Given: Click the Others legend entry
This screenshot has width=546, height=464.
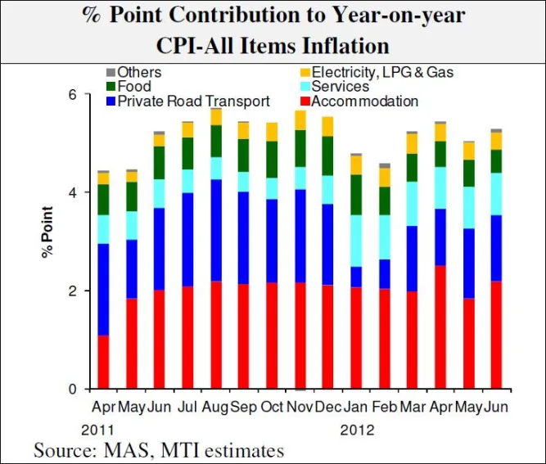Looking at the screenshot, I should [x=139, y=72].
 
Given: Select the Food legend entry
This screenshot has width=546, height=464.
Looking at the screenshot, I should [x=134, y=87].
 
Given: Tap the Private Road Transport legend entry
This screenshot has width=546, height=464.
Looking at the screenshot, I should [x=193, y=101].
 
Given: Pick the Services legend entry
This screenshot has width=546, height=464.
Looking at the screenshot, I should [x=341, y=87].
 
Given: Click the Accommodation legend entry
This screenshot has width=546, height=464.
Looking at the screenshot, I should [x=365, y=101].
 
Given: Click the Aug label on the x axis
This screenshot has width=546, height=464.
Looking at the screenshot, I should [x=216, y=407].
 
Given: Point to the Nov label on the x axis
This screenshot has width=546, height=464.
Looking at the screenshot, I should [x=300, y=407].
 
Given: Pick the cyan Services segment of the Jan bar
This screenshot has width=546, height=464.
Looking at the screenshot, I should [x=356, y=241].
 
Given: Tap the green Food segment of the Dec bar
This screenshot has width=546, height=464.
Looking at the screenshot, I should [x=327, y=155].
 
